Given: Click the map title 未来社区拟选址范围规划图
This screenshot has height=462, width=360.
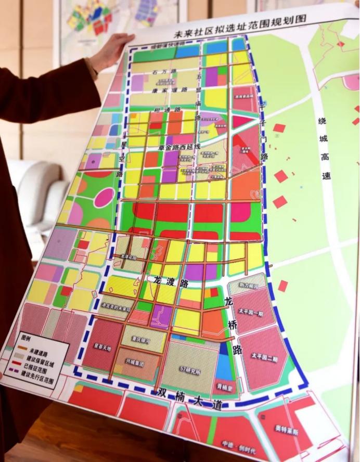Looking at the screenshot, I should (x=240, y=27).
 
